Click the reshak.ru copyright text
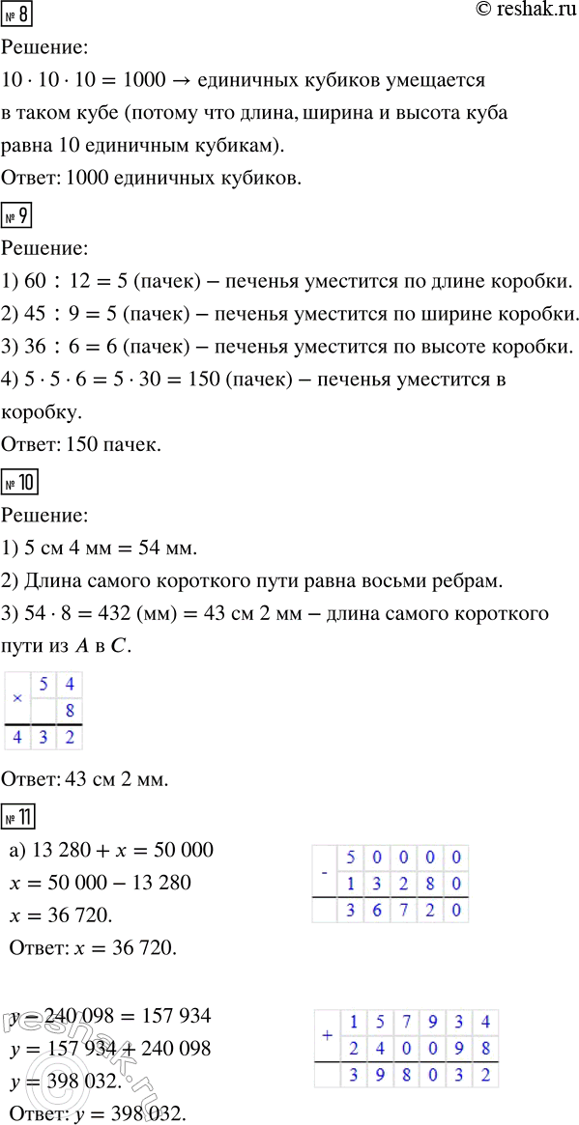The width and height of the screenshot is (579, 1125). pyautogui.click(x=512, y=11)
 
